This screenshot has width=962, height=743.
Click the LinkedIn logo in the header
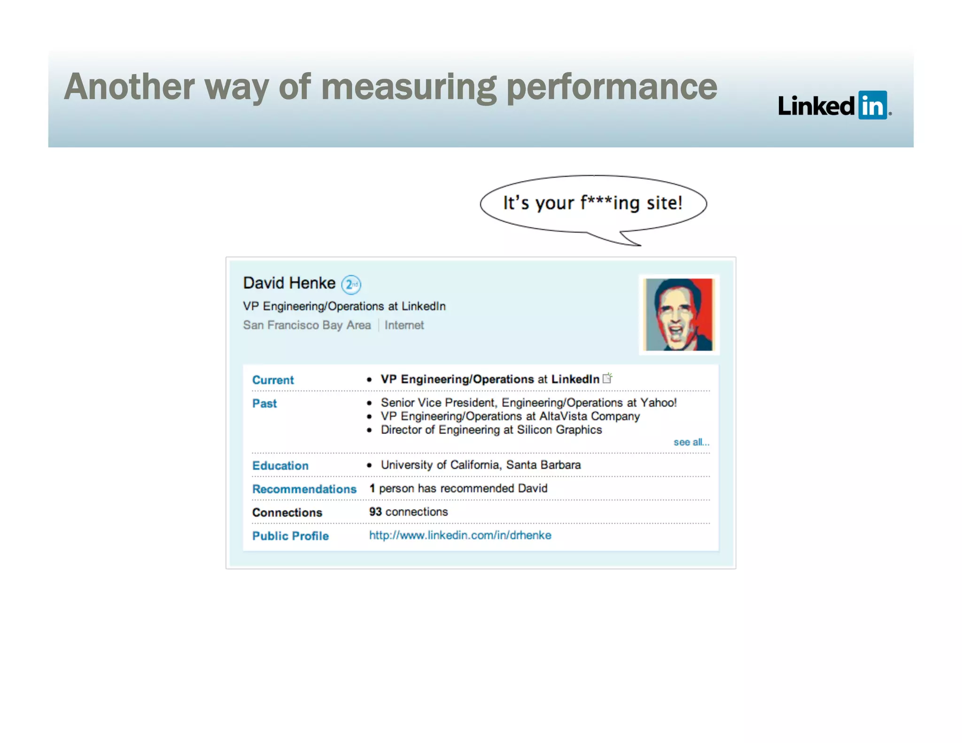[x=834, y=105]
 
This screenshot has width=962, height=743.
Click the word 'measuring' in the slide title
[x=409, y=87]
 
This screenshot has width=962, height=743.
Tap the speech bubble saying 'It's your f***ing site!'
[x=593, y=203]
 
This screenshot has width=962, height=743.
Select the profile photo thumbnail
[x=679, y=314]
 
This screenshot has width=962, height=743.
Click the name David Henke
[x=289, y=283]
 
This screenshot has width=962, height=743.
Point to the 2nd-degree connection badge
[x=351, y=285]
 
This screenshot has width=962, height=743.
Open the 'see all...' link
[x=691, y=442]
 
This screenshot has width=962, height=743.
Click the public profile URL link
[x=460, y=535]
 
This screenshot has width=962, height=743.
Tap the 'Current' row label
[x=273, y=380]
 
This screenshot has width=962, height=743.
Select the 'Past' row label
[x=264, y=403]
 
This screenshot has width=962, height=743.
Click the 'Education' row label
[x=280, y=465]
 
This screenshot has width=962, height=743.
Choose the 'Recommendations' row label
[x=304, y=489]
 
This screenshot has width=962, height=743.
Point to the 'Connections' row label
[x=287, y=512]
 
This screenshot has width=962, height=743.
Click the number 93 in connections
[x=375, y=511]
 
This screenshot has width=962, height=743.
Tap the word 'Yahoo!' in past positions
[x=659, y=402]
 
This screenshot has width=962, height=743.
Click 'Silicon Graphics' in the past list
[x=559, y=430]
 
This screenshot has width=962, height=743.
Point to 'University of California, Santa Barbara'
[x=481, y=465]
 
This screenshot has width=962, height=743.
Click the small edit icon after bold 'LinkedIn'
[x=607, y=378]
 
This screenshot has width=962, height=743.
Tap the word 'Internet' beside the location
[x=404, y=325]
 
